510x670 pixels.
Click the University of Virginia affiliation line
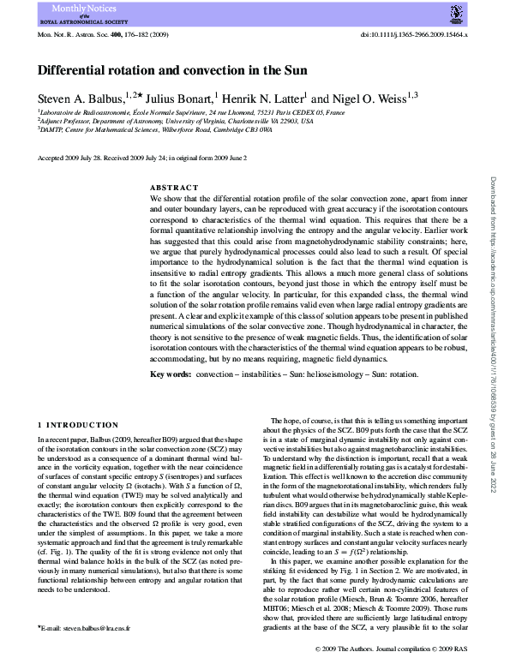[177, 122]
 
